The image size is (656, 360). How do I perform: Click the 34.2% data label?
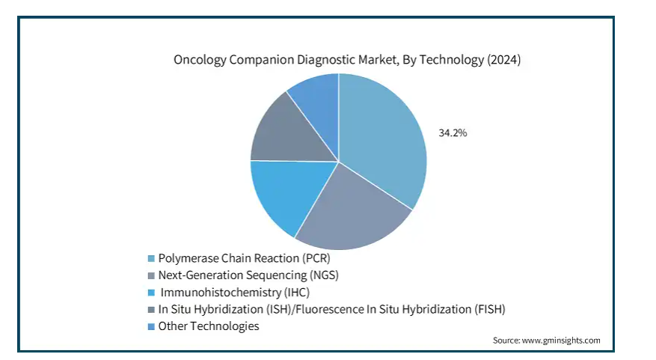click(453, 132)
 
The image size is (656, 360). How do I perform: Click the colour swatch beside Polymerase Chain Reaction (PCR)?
click(151, 259)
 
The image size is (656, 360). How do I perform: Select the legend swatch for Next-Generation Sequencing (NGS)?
click(151, 276)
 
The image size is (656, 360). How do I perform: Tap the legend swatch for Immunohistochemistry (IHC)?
click(151, 293)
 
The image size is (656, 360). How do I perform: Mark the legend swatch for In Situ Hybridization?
click(151, 310)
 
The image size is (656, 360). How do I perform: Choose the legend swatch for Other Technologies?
click(151, 326)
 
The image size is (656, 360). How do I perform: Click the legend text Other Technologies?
click(209, 326)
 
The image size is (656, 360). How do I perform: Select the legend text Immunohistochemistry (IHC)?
click(235, 292)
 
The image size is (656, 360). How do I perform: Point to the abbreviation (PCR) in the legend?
click(316, 258)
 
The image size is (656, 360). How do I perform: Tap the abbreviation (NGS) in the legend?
click(324, 275)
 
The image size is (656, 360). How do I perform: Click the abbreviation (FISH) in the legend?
click(489, 309)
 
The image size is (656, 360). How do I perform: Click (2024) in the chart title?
click(503, 59)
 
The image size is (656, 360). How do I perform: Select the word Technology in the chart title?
click(451, 60)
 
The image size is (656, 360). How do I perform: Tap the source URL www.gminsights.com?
click(561, 341)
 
